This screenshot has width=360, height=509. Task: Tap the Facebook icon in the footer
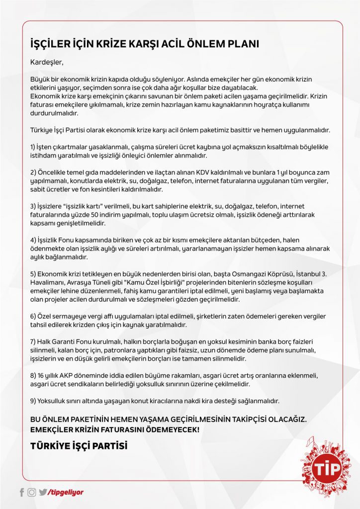point(22,492)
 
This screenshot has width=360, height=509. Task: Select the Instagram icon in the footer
point(32,492)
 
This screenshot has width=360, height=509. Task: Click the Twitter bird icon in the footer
point(43,492)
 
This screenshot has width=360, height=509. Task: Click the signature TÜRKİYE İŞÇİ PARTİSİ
point(79,446)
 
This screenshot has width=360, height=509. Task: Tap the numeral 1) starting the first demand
point(33,147)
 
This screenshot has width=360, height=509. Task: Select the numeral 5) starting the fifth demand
point(33,274)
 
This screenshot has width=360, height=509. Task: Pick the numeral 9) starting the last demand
point(33,401)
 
